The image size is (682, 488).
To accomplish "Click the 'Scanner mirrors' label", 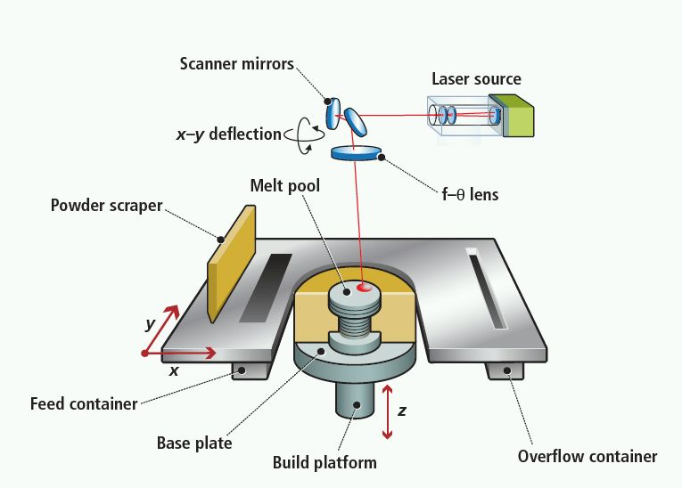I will (237, 63).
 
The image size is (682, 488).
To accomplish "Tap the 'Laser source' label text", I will (476, 79).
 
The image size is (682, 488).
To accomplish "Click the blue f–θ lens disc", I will (357, 152).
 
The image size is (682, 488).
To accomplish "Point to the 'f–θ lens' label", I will (456, 192).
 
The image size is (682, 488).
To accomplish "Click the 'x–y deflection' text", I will (228, 134).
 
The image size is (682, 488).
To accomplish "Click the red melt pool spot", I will (365, 288).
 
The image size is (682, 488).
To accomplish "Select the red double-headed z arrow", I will (386, 411).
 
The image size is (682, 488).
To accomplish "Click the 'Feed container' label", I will (84, 403).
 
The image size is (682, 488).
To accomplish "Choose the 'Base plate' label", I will (194, 443).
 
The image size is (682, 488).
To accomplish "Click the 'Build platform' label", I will (325, 462).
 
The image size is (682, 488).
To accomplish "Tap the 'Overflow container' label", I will (588, 456).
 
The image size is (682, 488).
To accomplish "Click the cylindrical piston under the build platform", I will (355, 399).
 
